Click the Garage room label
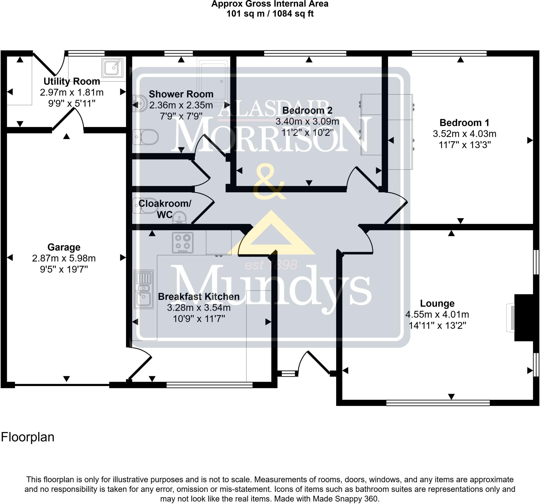click(x=64, y=247)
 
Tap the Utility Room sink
click(x=112, y=68)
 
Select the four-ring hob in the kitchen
click(x=182, y=243)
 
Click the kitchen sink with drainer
click(x=143, y=289)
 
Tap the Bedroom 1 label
click(x=465, y=123)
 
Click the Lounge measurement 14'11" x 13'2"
click(x=437, y=325)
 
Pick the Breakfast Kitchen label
click(x=199, y=297)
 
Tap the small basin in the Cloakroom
click(x=179, y=218)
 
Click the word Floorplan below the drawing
click(x=28, y=437)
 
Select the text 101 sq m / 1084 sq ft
click(x=270, y=14)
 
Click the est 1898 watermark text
click(x=271, y=265)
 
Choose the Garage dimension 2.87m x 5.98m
click(x=64, y=258)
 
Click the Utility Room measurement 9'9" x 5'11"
click(x=72, y=103)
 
